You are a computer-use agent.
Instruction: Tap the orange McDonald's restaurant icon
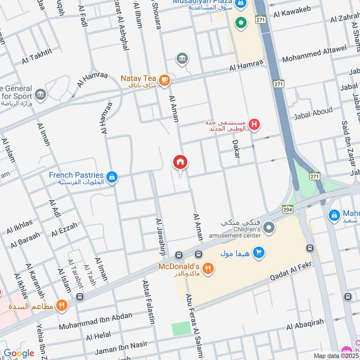pyautogui.click(x=207, y=269)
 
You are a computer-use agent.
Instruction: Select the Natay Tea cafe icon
pyautogui.click(x=165, y=80)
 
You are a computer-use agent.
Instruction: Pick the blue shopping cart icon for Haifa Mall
pyautogui.click(x=258, y=253)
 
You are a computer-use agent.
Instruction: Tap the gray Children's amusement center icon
pyautogui.click(x=269, y=228)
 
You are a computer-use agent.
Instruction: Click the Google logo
pyautogui.click(x=19, y=353)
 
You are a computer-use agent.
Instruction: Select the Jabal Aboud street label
pyautogui.click(x=313, y=113)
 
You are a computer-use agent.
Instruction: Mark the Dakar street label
pyautogui.click(x=236, y=149)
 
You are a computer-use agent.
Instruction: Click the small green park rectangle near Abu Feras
pyautogui.click(x=181, y=328)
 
